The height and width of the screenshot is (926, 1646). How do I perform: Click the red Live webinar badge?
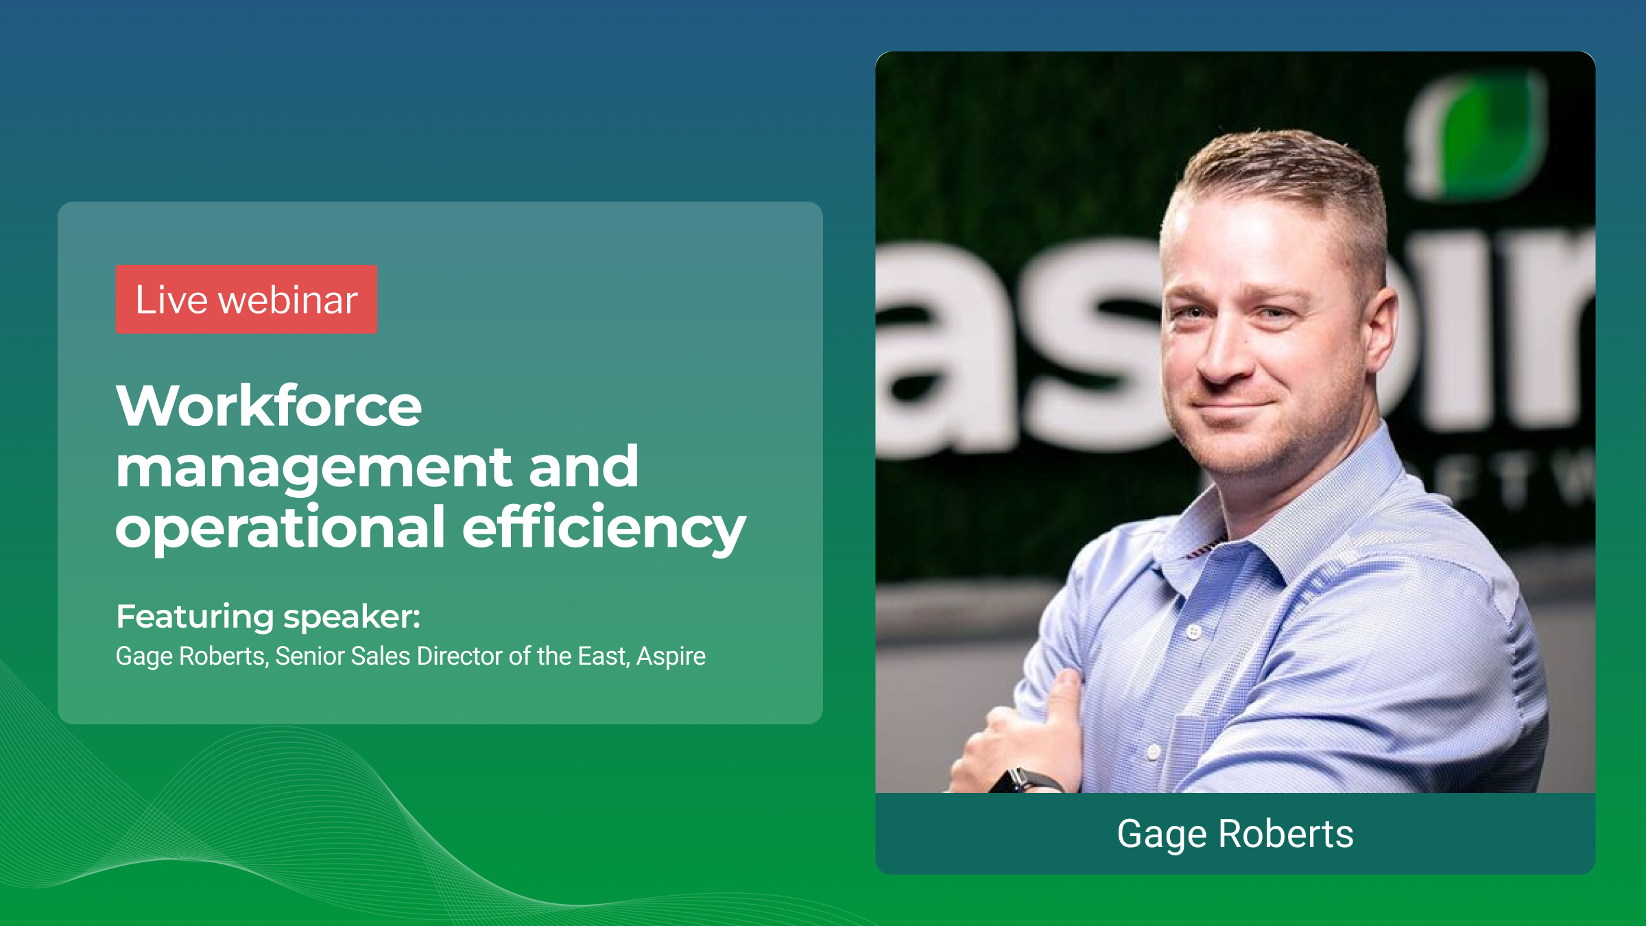click(246, 300)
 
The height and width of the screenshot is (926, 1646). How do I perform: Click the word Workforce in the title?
click(268, 406)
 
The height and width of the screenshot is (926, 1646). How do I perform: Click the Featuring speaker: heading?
click(268, 616)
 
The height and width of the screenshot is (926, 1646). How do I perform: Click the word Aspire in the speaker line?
click(671, 656)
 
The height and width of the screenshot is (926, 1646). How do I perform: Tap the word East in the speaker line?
click(602, 656)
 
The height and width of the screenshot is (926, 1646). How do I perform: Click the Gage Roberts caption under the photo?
click(1234, 834)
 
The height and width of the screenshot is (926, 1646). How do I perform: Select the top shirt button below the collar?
click(1194, 631)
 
